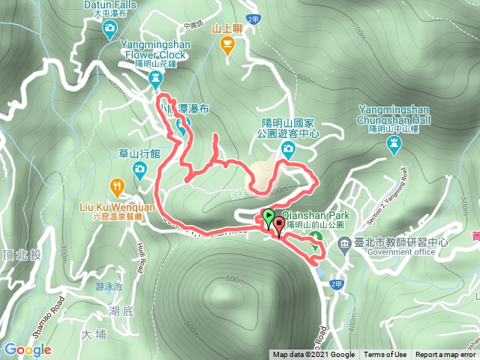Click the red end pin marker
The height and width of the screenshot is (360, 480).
(280, 224)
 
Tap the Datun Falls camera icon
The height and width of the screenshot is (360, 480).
(110, 28)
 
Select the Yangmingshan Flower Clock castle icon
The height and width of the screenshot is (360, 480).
(156, 78)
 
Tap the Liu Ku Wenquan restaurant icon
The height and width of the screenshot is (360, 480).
(117, 187)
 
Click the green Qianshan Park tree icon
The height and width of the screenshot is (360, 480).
(316, 238)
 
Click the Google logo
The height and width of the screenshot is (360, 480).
(27, 349)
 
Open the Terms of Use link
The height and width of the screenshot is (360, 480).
(385, 355)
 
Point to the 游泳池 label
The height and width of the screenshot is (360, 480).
(108, 286)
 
